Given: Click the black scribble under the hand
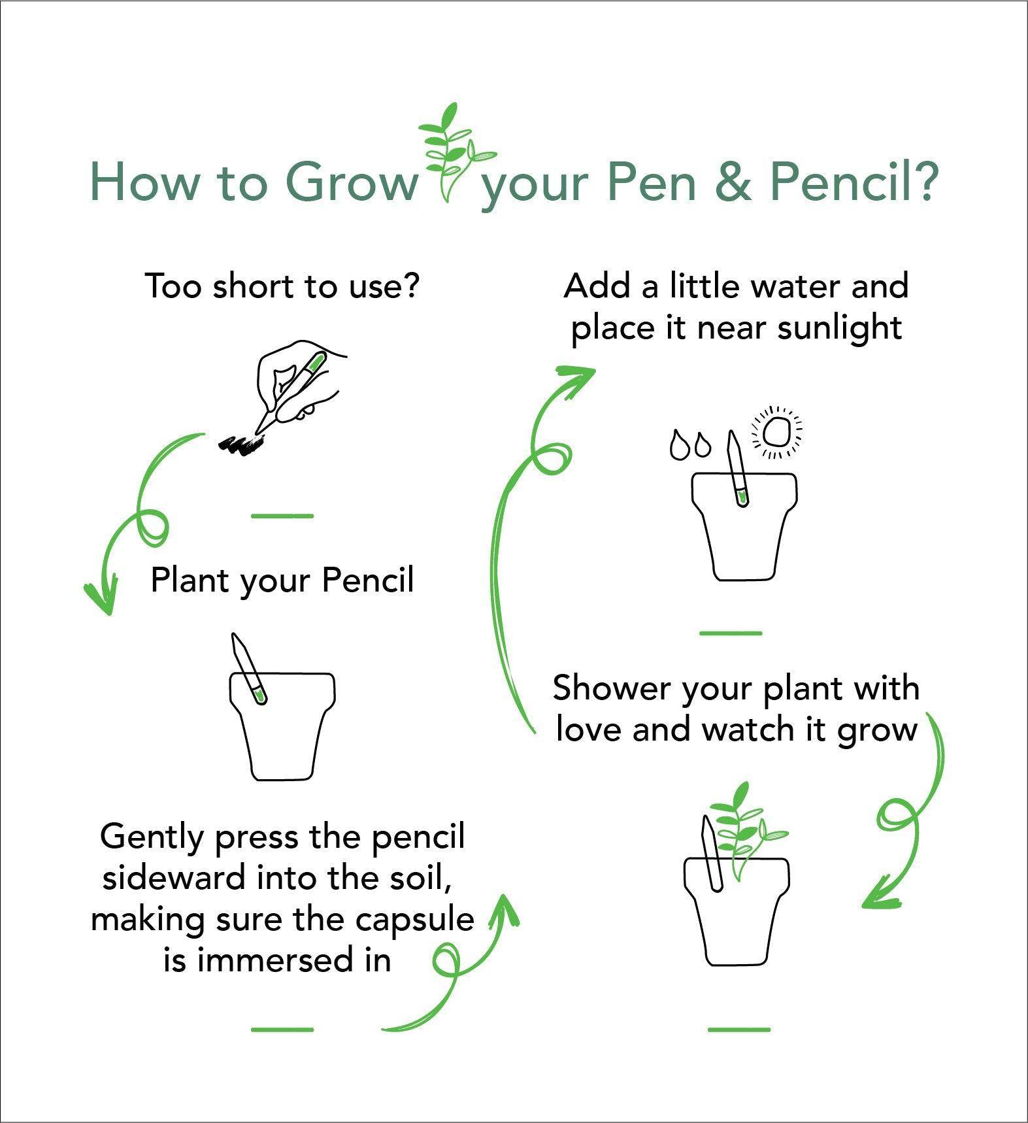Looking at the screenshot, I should pyautogui.click(x=242, y=444).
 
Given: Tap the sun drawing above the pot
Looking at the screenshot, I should pyautogui.click(x=778, y=431).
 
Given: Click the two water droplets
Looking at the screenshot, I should pyautogui.click(x=690, y=445).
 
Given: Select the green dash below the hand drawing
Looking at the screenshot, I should pyautogui.click(x=282, y=516).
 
